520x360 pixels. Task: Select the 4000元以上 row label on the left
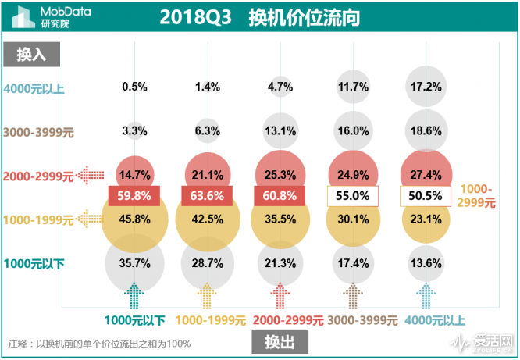(35, 88)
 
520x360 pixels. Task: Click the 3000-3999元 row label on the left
(38, 132)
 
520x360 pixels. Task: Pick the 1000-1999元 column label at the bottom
(211, 320)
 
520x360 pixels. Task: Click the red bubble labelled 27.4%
(426, 174)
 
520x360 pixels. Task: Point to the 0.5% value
(134, 87)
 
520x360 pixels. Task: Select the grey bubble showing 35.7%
(134, 263)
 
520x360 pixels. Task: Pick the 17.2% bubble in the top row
(426, 87)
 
